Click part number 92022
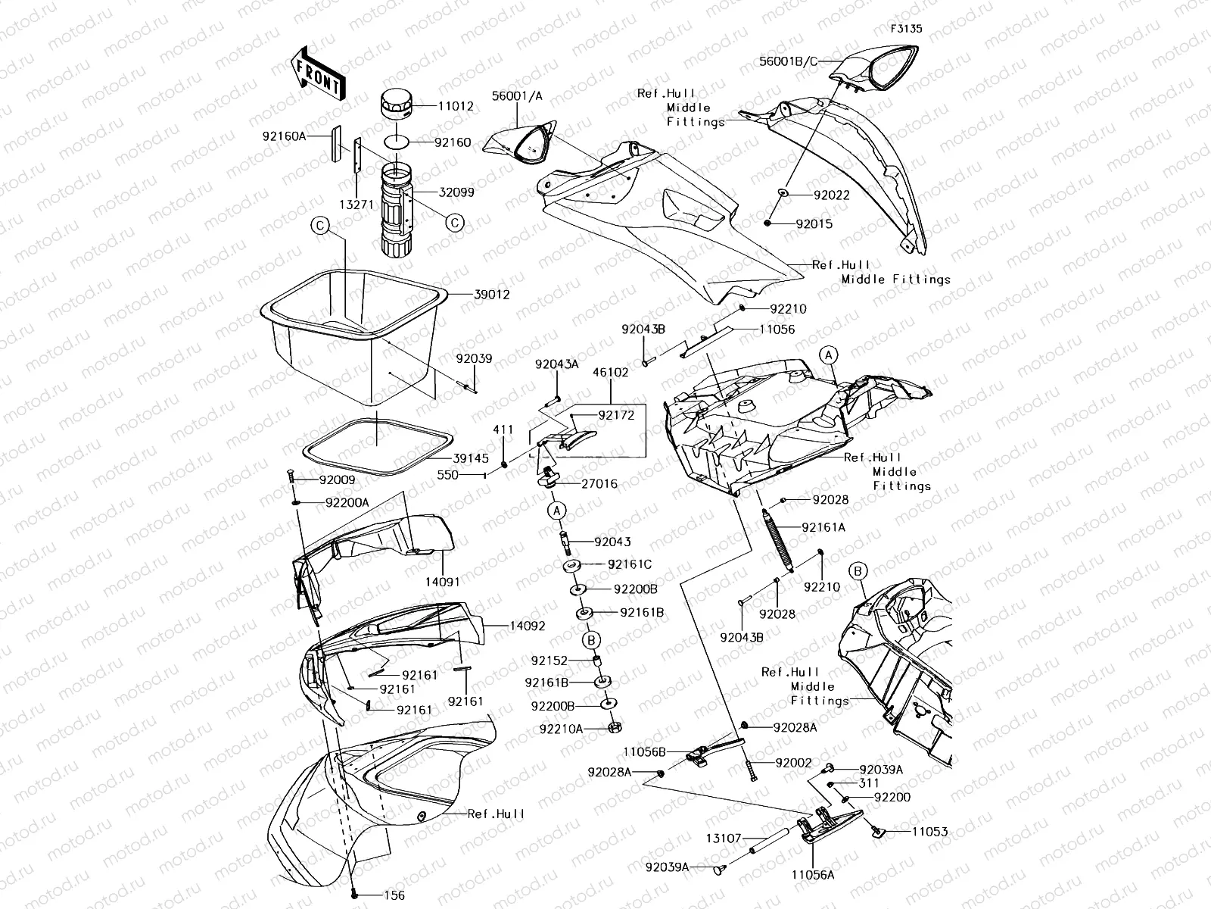click(831, 195)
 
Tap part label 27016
click(599, 483)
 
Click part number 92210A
click(561, 729)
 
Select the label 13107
click(724, 839)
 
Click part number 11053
click(929, 831)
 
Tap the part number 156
click(394, 895)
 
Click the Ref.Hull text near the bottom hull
click(496, 814)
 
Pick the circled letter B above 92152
click(592, 640)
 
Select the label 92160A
click(285, 136)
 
